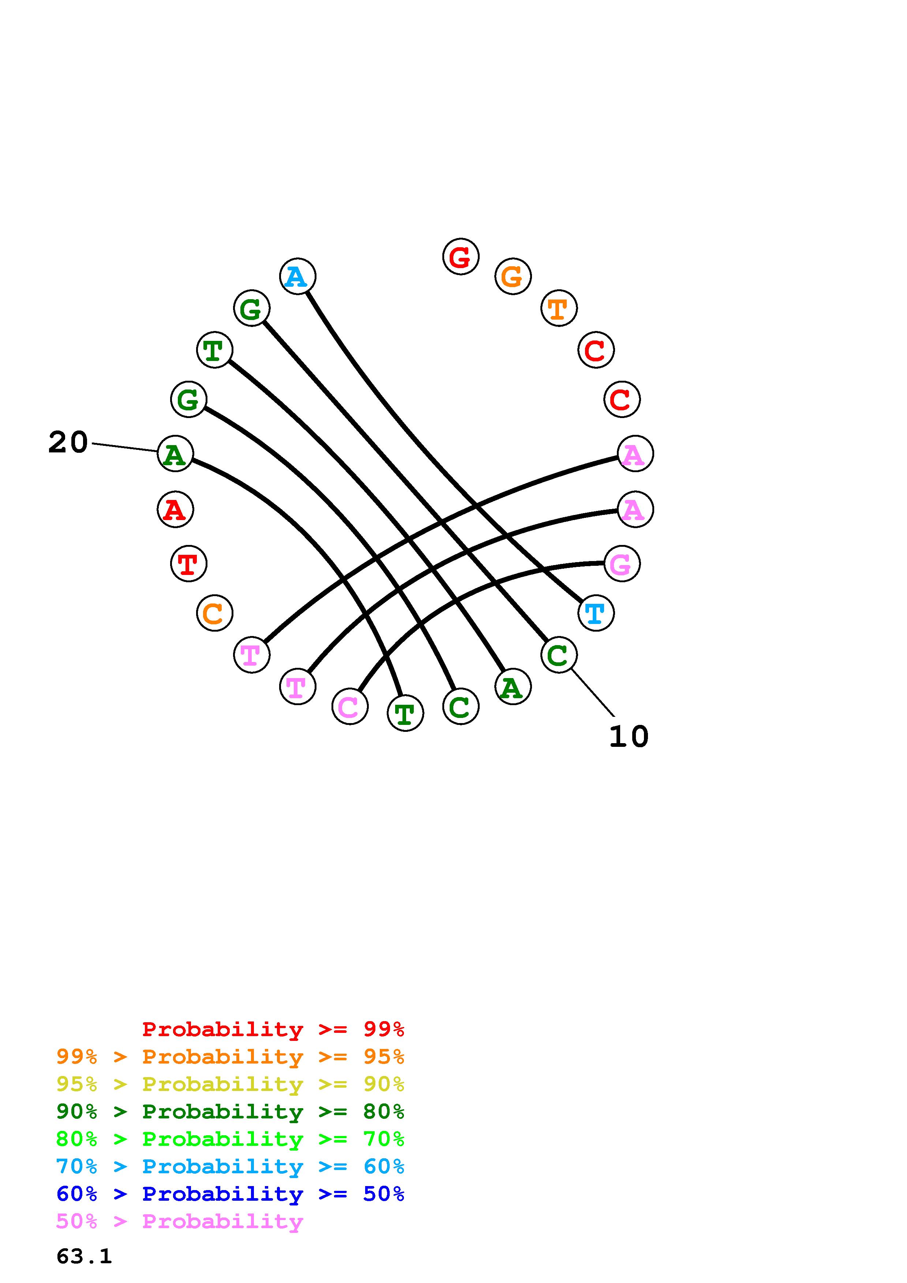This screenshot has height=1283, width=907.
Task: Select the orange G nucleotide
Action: coord(513,276)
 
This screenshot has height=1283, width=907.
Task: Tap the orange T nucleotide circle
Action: coord(559,308)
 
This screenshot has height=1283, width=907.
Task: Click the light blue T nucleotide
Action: coord(596,613)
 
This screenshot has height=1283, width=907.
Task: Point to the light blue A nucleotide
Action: coord(297,276)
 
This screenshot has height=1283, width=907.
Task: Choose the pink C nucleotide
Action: coord(350,706)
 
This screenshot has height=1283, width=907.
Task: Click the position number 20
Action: coord(68,443)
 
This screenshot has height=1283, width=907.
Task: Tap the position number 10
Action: coord(629,737)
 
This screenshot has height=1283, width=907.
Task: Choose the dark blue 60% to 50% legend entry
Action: coord(230,1194)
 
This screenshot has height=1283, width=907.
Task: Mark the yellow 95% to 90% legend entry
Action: coord(230,1084)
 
